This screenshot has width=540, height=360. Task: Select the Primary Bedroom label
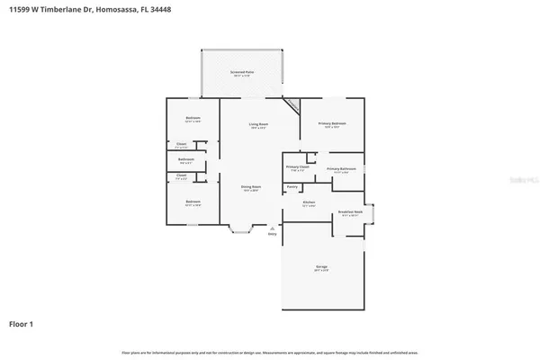332,123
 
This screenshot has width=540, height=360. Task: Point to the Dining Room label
250,187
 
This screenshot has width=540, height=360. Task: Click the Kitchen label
309,202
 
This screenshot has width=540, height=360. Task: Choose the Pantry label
292,186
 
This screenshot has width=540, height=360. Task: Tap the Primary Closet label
298,167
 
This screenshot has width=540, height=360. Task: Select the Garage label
321,267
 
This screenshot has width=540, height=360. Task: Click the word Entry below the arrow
272,234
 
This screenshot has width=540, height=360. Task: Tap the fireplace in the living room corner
293,105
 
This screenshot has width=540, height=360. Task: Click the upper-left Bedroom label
193,119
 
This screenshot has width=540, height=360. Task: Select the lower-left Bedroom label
193,202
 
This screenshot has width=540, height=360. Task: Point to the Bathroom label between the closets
186,160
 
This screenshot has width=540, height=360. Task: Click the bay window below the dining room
240,232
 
